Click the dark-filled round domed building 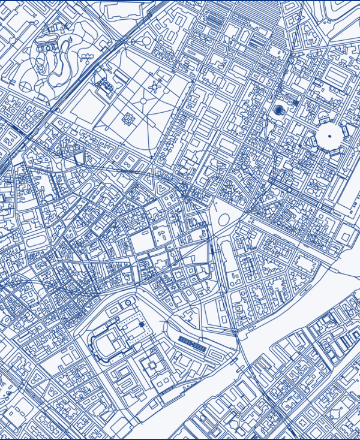(279, 110)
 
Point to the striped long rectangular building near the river (192, 342)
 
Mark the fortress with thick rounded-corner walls (114, 342)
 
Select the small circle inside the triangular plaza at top (146, 41)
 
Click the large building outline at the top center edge (126, 9)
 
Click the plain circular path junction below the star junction (143, 100)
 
